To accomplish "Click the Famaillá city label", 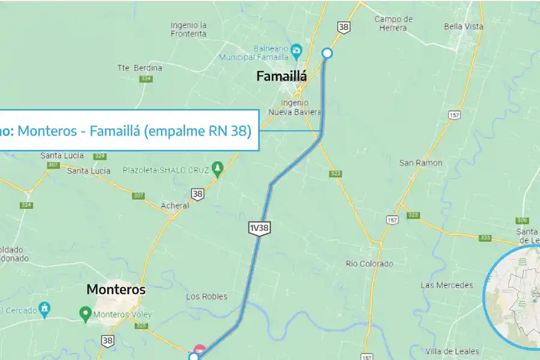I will (281, 76).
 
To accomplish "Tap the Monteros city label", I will (116, 289).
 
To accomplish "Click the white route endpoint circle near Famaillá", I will (327, 53).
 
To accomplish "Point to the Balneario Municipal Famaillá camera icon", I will (296, 49).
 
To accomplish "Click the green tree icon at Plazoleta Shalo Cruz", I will (218, 170).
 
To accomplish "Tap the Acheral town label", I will (175, 205).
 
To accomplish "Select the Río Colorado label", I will (370, 263).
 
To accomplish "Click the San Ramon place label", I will (421, 163).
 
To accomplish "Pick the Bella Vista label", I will (464, 26).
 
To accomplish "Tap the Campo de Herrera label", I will (394, 23).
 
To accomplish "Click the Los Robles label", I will (207, 296).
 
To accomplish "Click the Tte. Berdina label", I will (140, 68).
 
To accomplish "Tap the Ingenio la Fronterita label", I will (188, 29).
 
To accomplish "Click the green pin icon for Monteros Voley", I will (85, 313).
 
